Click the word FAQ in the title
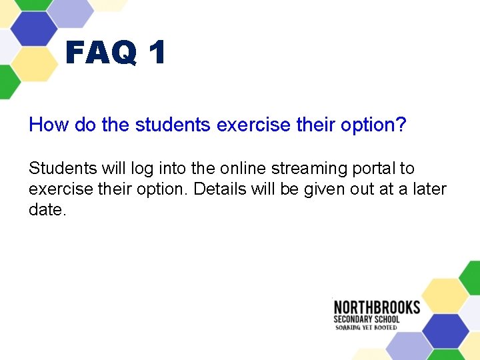click(101, 53)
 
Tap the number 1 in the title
click(157, 53)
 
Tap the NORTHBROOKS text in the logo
click(377, 308)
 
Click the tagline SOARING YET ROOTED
click(365, 327)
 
